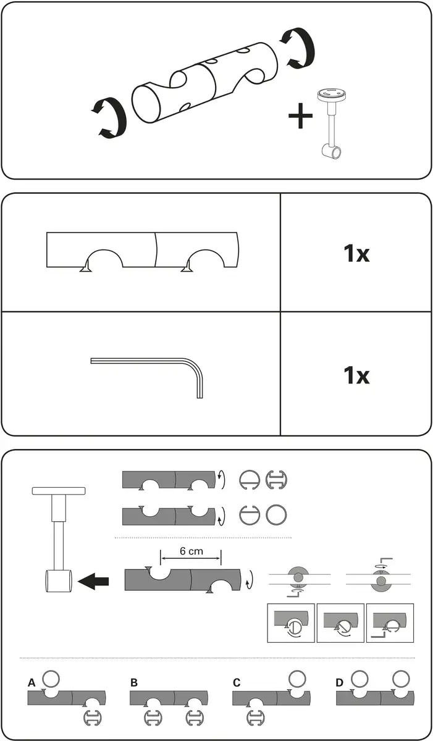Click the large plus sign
[300, 116]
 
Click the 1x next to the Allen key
[356, 375]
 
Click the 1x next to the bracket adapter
[356, 253]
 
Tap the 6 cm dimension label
[191, 551]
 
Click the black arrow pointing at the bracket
[93, 581]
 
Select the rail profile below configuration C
[255, 718]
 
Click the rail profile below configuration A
[92, 718]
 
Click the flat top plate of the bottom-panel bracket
[59, 491]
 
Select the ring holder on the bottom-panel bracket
[58, 580]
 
